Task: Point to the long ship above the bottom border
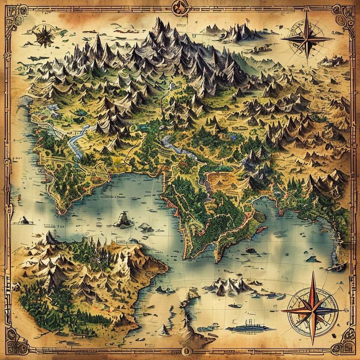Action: (250, 328)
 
